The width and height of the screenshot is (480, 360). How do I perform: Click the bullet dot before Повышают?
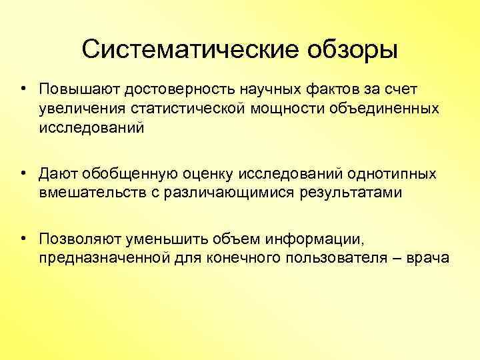coord(23,89)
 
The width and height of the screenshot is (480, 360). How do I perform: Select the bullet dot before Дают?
coord(23,174)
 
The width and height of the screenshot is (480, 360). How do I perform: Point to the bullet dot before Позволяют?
coord(23,239)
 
